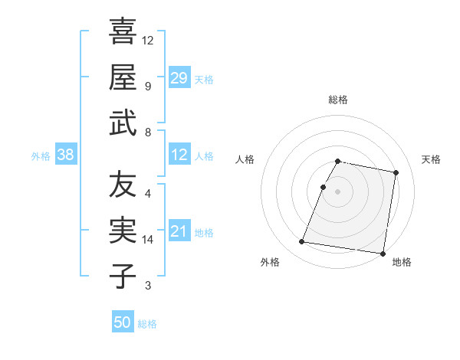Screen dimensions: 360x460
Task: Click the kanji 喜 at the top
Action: pyautogui.click(x=123, y=31)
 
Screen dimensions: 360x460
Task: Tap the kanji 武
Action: pyautogui.click(x=123, y=123)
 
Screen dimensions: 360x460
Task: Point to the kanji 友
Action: pyautogui.click(x=123, y=185)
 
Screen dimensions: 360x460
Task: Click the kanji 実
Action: pyautogui.click(x=123, y=231)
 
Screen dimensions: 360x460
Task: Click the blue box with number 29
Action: pyautogui.click(x=179, y=78)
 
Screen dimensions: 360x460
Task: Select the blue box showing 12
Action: pyautogui.click(x=179, y=155)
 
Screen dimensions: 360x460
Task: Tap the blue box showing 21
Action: pyautogui.click(x=179, y=232)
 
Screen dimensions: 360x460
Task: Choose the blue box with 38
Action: pyautogui.click(x=66, y=155)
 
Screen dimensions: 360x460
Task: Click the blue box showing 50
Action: pyautogui.click(x=123, y=323)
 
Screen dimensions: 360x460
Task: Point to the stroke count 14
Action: pyautogui.click(x=149, y=240)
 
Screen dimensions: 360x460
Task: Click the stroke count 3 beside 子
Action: pyautogui.click(x=148, y=286)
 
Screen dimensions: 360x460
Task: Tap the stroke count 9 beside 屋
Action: pyautogui.click(x=148, y=86)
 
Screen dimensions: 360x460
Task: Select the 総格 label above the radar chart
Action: pyautogui.click(x=338, y=100)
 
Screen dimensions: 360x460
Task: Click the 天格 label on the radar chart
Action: pyautogui.click(x=432, y=159)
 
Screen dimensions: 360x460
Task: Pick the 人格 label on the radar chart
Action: pyautogui.click(x=245, y=159)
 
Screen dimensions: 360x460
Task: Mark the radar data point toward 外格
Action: pyautogui.click(x=302, y=242)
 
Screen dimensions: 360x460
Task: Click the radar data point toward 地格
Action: pyautogui.click(x=383, y=253)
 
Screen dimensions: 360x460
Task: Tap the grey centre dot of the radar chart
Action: pyautogui.click(x=338, y=191)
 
